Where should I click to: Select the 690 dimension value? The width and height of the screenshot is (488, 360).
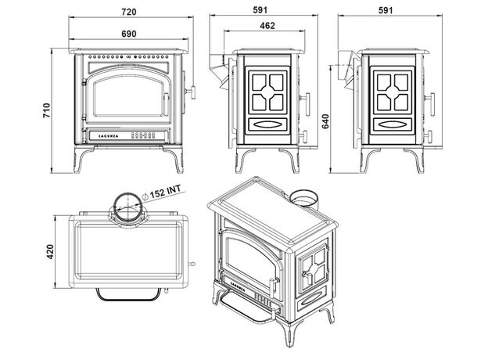pos(129,34)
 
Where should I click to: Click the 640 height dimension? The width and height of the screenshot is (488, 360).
pos(323,120)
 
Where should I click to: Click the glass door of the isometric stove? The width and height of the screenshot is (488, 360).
pos(249,254)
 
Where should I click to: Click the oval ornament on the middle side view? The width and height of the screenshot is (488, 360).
pos(267,124)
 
